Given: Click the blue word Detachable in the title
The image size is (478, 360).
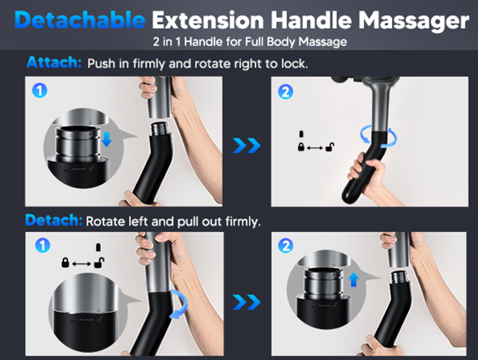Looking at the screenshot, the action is click(x=80, y=20).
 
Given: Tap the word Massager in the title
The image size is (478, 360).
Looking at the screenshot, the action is click(x=413, y=22).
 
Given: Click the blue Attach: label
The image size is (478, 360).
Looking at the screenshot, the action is click(x=54, y=62).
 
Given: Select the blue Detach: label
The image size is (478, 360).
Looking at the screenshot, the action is click(x=54, y=220).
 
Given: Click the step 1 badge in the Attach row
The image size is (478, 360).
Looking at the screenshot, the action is click(x=39, y=90).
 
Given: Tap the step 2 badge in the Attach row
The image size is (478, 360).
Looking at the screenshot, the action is click(x=286, y=92).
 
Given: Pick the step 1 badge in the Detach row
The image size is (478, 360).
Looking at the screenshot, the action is click(x=42, y=246).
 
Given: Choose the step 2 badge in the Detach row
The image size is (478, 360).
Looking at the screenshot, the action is click(x=286, y=246).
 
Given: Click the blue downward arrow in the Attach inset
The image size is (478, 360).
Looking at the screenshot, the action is click(x=106, y=139).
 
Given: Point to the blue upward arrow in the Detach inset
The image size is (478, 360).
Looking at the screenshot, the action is click(x=353, y=279).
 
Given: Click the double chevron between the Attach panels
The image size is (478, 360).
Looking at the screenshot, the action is click(x=247, y=145).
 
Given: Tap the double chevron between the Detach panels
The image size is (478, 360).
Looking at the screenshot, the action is click(x=247, y=303).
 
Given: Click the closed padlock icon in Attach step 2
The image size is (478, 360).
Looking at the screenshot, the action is click(x=301, y=147).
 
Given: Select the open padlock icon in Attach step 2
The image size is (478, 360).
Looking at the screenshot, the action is click(x=330, y=147).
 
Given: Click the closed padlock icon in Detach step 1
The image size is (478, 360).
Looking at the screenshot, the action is click(x=65, y=263).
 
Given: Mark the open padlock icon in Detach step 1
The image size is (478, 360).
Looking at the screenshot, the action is click(x=99, y=263).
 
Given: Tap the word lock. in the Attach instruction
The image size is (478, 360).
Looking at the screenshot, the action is click(x=295, y=63).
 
